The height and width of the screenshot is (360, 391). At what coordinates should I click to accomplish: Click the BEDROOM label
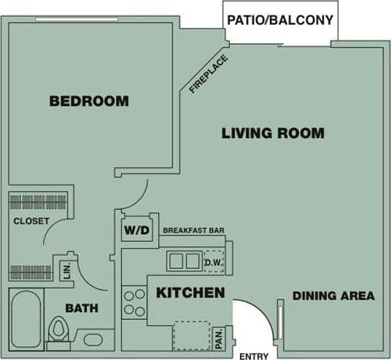[x=89, y=101]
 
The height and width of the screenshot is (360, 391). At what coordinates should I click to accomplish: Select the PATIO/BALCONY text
[x=281, y=20]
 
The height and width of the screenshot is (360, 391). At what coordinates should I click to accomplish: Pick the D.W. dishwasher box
[x=214, y=261]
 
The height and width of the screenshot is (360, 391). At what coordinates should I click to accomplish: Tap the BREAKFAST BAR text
[x=194, y=230]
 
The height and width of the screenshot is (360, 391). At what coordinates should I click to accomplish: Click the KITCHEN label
[x=190, y=293]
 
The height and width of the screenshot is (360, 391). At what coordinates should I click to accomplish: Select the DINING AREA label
[x=333, y=295]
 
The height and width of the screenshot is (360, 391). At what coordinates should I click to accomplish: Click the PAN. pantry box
[x=218, y=337]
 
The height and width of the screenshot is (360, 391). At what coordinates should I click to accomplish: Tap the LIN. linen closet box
[x=66, y=271]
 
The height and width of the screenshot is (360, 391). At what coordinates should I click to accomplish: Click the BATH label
[x=82, y=308]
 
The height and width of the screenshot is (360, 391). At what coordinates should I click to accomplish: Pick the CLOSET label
[x=32, y=221]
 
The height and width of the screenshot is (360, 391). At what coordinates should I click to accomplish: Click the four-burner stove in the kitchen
[x=133, y=302]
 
